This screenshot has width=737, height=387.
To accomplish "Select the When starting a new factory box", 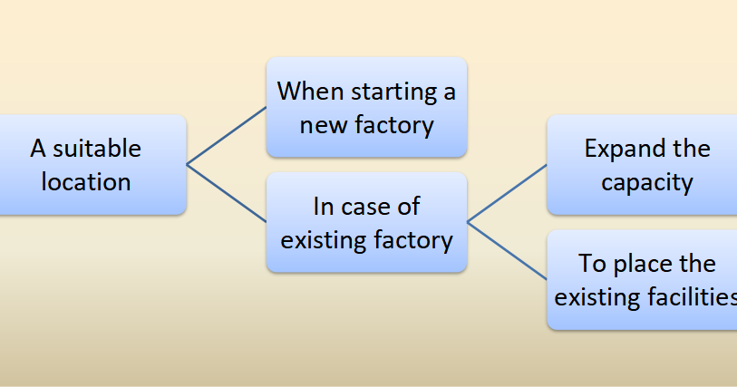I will pyautogui.click(x=366, y=107).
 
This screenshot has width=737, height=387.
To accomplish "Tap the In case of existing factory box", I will pyautogui.click(x=366, y=222).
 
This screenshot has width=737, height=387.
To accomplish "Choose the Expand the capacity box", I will pyautogui.click(x=644, y=165).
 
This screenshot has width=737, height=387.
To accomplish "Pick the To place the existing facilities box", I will pyautogui.click(x=644, y=279).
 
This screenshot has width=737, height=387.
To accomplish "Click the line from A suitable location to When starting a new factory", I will pyautogui.click(x=227, y=136).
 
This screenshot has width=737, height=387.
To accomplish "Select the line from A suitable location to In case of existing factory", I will pyautogui.click(x=227, y=193).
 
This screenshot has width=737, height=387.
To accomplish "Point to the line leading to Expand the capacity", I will pyautogui.click(x=507, y=193).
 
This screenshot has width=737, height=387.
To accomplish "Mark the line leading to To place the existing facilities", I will pyautogui.click(x=507, y=250).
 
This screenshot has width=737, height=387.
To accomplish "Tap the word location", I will pyautogui.click(x=86, y=181).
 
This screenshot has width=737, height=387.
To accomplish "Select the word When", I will pyautogui.click(x=306, y=91).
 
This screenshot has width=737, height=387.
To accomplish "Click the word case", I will pyautogui.click(x=368, y=206).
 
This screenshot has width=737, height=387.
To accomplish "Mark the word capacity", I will pyautogui.click(x=647, y=182).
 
